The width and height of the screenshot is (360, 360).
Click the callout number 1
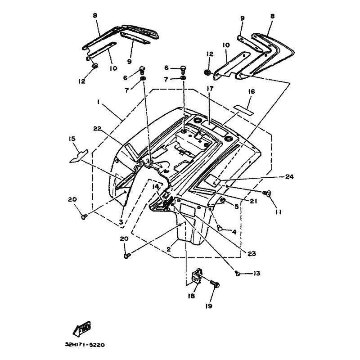coord(98,103)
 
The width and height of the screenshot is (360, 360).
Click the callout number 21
coord(253,201)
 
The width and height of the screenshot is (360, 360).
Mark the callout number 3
coord(121,222)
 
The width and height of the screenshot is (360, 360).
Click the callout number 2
coord(168,248)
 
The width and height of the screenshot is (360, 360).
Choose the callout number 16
coord(251,92)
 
